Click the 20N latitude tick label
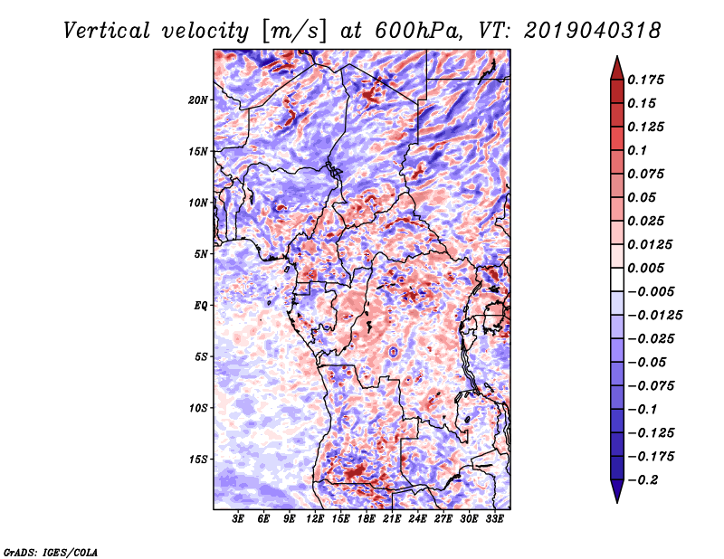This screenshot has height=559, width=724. tap(198, 99)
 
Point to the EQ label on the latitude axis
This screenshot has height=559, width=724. tap(201, 306)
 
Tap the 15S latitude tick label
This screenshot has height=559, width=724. tap(198, 460)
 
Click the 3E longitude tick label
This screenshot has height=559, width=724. tap(239, 520)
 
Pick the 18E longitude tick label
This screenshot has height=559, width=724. tap(367, 520)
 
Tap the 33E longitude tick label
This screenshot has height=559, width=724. tap(494, 520)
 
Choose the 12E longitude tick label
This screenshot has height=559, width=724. tap(316, 520)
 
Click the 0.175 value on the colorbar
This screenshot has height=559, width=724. tap(648, 80)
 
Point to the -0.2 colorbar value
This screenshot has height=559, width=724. tap(645, 480)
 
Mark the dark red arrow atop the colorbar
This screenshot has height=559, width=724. tap(615, 66)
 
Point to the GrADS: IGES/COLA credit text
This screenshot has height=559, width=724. tap(50, 551)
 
